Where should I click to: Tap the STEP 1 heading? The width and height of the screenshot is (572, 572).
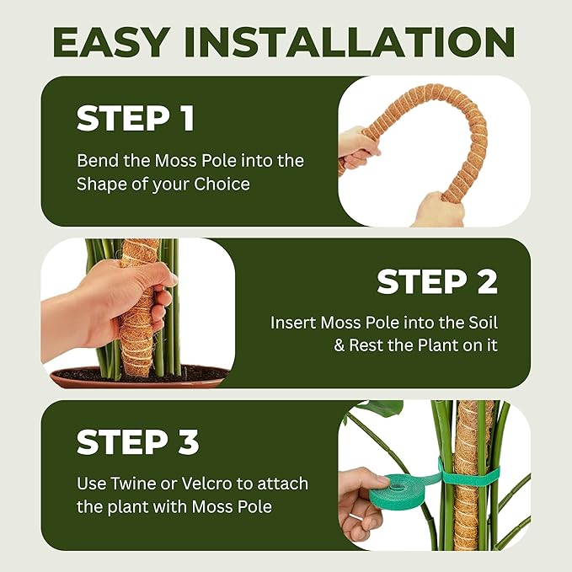136,119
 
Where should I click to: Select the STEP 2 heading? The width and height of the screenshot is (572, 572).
436,282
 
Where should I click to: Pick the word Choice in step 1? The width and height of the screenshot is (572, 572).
221,184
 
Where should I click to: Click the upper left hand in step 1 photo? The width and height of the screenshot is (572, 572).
357,147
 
